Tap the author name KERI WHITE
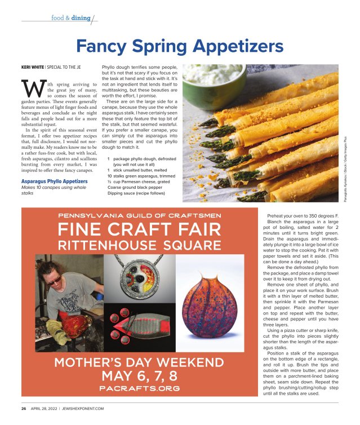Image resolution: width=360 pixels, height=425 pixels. (33, 67)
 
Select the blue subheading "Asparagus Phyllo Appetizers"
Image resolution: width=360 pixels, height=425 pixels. (51, 181)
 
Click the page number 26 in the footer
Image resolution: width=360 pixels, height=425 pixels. (24, 408)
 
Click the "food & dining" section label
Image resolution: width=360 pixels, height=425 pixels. (70, 18)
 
